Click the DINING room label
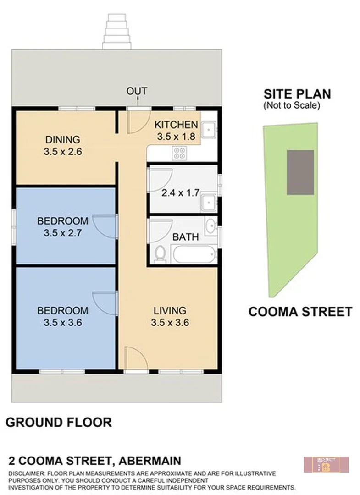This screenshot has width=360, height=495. [x=63, y=140]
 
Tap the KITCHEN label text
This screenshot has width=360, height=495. [x=176, y=125]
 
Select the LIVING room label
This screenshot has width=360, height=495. [x=170, y=311]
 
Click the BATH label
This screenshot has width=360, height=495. [x=186, y=237]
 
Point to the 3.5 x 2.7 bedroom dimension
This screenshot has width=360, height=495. [x=63, y=233]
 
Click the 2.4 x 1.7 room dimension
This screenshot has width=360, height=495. [x=180, y=193]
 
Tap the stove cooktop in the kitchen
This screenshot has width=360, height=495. [x=178, y=153]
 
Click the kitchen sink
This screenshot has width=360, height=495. [x=209, y=129]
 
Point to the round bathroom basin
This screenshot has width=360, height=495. [x=210, y=225]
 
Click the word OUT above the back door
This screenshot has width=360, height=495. [x=137, y=91]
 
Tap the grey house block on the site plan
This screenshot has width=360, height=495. [x=300, y=172]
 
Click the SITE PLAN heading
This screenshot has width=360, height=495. [x=297, y=94]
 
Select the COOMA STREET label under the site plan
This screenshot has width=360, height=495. [x=300, y=312]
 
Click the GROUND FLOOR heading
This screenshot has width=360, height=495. [x=58, y=422]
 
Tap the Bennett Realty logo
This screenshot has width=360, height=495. [x=326, y=464]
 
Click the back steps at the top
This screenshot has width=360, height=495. [x=117, y=32]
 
